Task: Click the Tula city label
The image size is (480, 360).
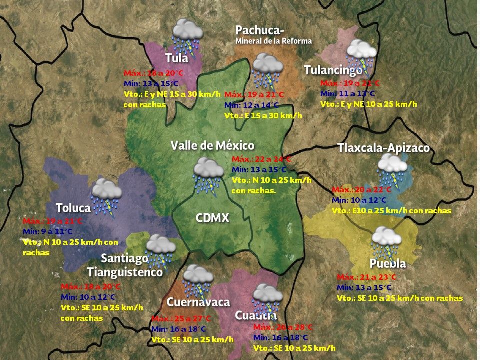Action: (177, 58)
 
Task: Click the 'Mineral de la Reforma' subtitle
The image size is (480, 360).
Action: (273, 41)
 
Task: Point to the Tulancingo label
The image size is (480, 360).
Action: (333, 70)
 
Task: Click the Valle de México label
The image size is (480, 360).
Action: (212, 145)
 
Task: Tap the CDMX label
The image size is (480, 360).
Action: (212, 218)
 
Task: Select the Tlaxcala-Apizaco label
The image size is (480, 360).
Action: (383, 148)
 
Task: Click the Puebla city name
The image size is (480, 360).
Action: (388, 263)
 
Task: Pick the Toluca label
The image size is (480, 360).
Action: (73, 208)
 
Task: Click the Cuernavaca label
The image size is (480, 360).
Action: (198, 302)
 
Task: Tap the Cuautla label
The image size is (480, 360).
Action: (256, 315)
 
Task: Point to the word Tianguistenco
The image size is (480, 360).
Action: (125, 272)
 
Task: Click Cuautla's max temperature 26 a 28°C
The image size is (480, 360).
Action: (283, 327)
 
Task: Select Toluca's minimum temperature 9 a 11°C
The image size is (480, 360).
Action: (48, 231)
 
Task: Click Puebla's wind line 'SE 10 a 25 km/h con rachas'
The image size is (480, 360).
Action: (400, 298)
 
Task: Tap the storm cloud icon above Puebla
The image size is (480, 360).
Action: (385, 241)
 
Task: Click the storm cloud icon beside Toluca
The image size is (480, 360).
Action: (106, 196)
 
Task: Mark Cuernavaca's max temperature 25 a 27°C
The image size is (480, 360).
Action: (181, 319)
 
